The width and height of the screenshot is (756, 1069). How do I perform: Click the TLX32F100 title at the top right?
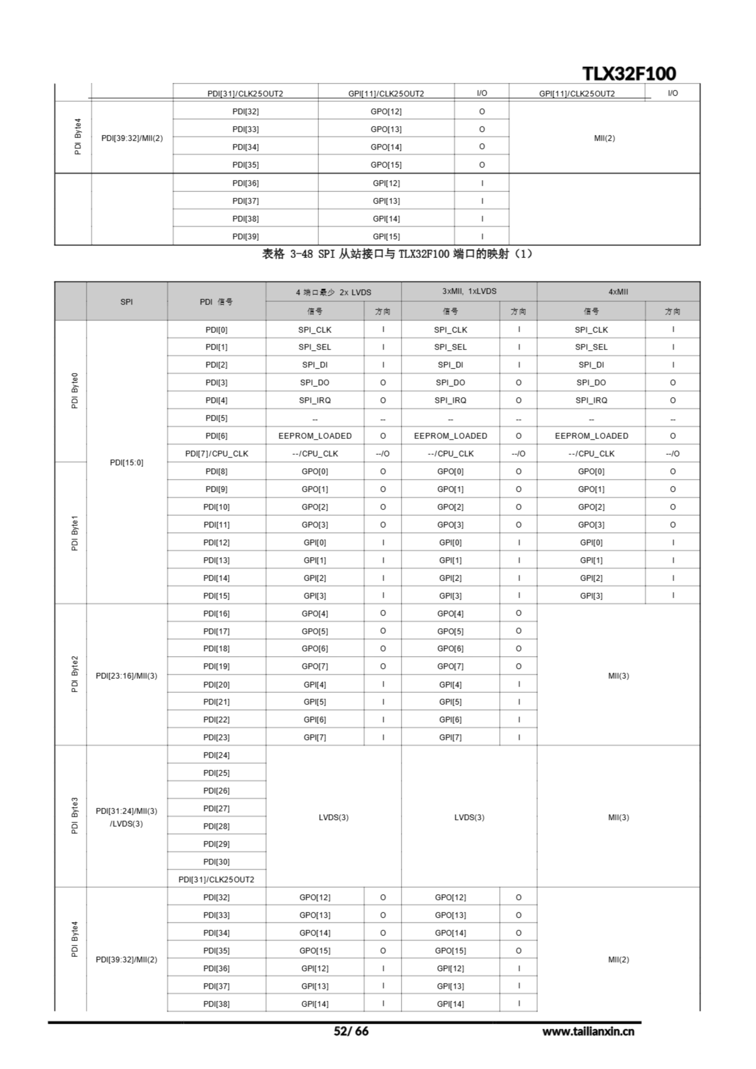coord(629,73)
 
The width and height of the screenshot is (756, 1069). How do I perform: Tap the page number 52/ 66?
coord(351,1031)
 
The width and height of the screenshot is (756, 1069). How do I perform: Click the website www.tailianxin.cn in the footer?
coord(588,1031)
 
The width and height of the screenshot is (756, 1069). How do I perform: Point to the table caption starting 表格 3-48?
coord(397,254)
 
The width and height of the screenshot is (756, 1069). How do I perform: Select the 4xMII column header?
coord(618,292)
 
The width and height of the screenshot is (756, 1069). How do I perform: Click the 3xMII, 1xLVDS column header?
coord(469,291)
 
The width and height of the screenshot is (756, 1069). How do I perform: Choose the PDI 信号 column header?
coord(217,302)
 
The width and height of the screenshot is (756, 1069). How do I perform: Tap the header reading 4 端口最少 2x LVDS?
coord(333,292)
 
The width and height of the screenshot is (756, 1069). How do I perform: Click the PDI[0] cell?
coord(217,329)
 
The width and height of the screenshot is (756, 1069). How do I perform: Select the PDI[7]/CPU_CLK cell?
coord(217,453)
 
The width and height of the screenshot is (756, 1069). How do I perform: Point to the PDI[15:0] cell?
coord(126,462)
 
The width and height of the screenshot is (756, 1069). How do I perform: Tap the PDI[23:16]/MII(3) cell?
coord(126,676)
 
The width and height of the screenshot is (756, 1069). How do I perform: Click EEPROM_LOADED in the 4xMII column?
coord(591,436)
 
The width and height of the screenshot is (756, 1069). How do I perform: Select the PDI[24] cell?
coord(217,755)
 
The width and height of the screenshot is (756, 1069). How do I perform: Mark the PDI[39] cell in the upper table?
coord(245,236)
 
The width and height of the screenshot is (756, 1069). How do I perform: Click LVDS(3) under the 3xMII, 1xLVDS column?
coord(469,817)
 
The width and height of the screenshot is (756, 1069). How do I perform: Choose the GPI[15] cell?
coord(386,236)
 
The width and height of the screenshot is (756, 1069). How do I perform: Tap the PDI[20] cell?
coord(217,684)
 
